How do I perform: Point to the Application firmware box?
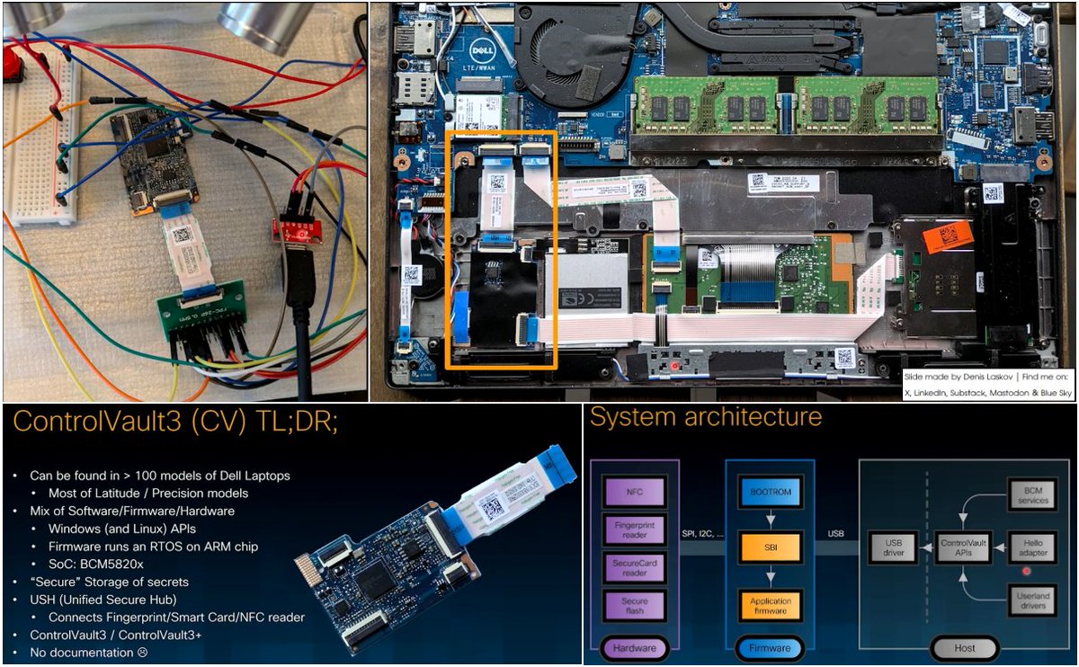(770, 605)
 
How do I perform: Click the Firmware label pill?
(770, 647)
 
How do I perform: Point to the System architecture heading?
(706, 418)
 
